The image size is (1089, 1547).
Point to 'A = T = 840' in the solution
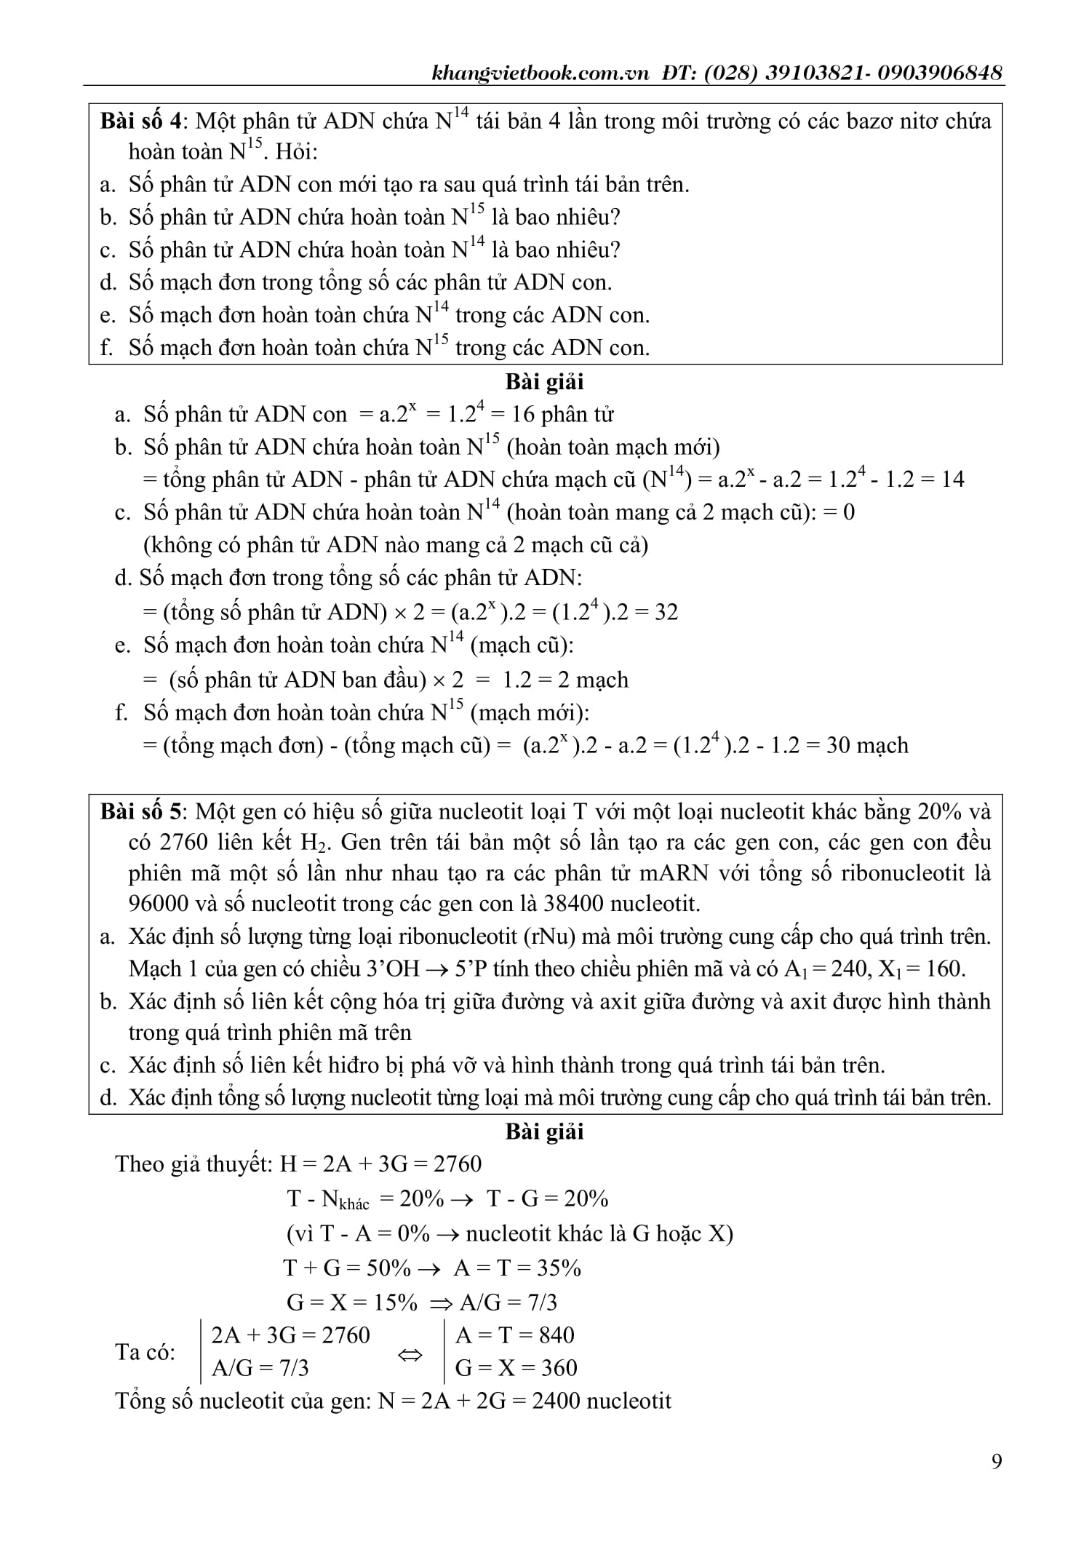click(x=514, y=1335)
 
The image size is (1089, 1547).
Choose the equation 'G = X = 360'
click(x=516, y=1368)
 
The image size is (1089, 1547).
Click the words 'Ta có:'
click(x=145, y=1352)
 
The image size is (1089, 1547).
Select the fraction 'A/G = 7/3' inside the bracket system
click(x=260, y=1368)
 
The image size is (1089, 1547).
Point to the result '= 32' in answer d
click(x=658, y=612)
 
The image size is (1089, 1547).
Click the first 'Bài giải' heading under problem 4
click(x=544, y=381)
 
